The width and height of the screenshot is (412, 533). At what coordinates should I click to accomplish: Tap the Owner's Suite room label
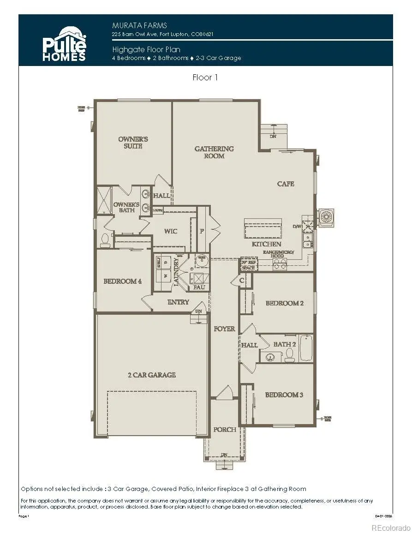(x=133, y=143)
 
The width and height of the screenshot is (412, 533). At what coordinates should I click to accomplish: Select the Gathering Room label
(x=214, y=152)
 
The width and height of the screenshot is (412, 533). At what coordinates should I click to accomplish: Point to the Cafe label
(x=286, y=184)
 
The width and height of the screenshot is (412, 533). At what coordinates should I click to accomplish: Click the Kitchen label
(x=266, y=244)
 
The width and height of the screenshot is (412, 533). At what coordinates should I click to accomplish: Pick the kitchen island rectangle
(x=263, y=229)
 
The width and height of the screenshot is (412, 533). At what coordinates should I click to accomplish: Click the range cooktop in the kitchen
(x=279, y=264)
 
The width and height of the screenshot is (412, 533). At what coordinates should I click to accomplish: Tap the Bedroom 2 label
(x=284, y=303)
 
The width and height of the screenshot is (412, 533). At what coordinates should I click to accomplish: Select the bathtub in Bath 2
(x=306, y=349)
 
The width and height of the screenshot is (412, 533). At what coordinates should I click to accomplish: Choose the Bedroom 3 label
(x=284, y=395)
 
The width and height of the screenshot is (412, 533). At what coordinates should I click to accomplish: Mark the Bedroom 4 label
(x=122, y=281)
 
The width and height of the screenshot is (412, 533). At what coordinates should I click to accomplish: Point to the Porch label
(x=225, y=430)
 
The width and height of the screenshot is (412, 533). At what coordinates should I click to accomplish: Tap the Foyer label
(x=224, y=329)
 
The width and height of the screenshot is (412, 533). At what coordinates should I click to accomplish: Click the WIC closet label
(x=170, y=231)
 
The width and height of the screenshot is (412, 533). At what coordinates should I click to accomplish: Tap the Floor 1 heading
(x=205, y=78)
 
